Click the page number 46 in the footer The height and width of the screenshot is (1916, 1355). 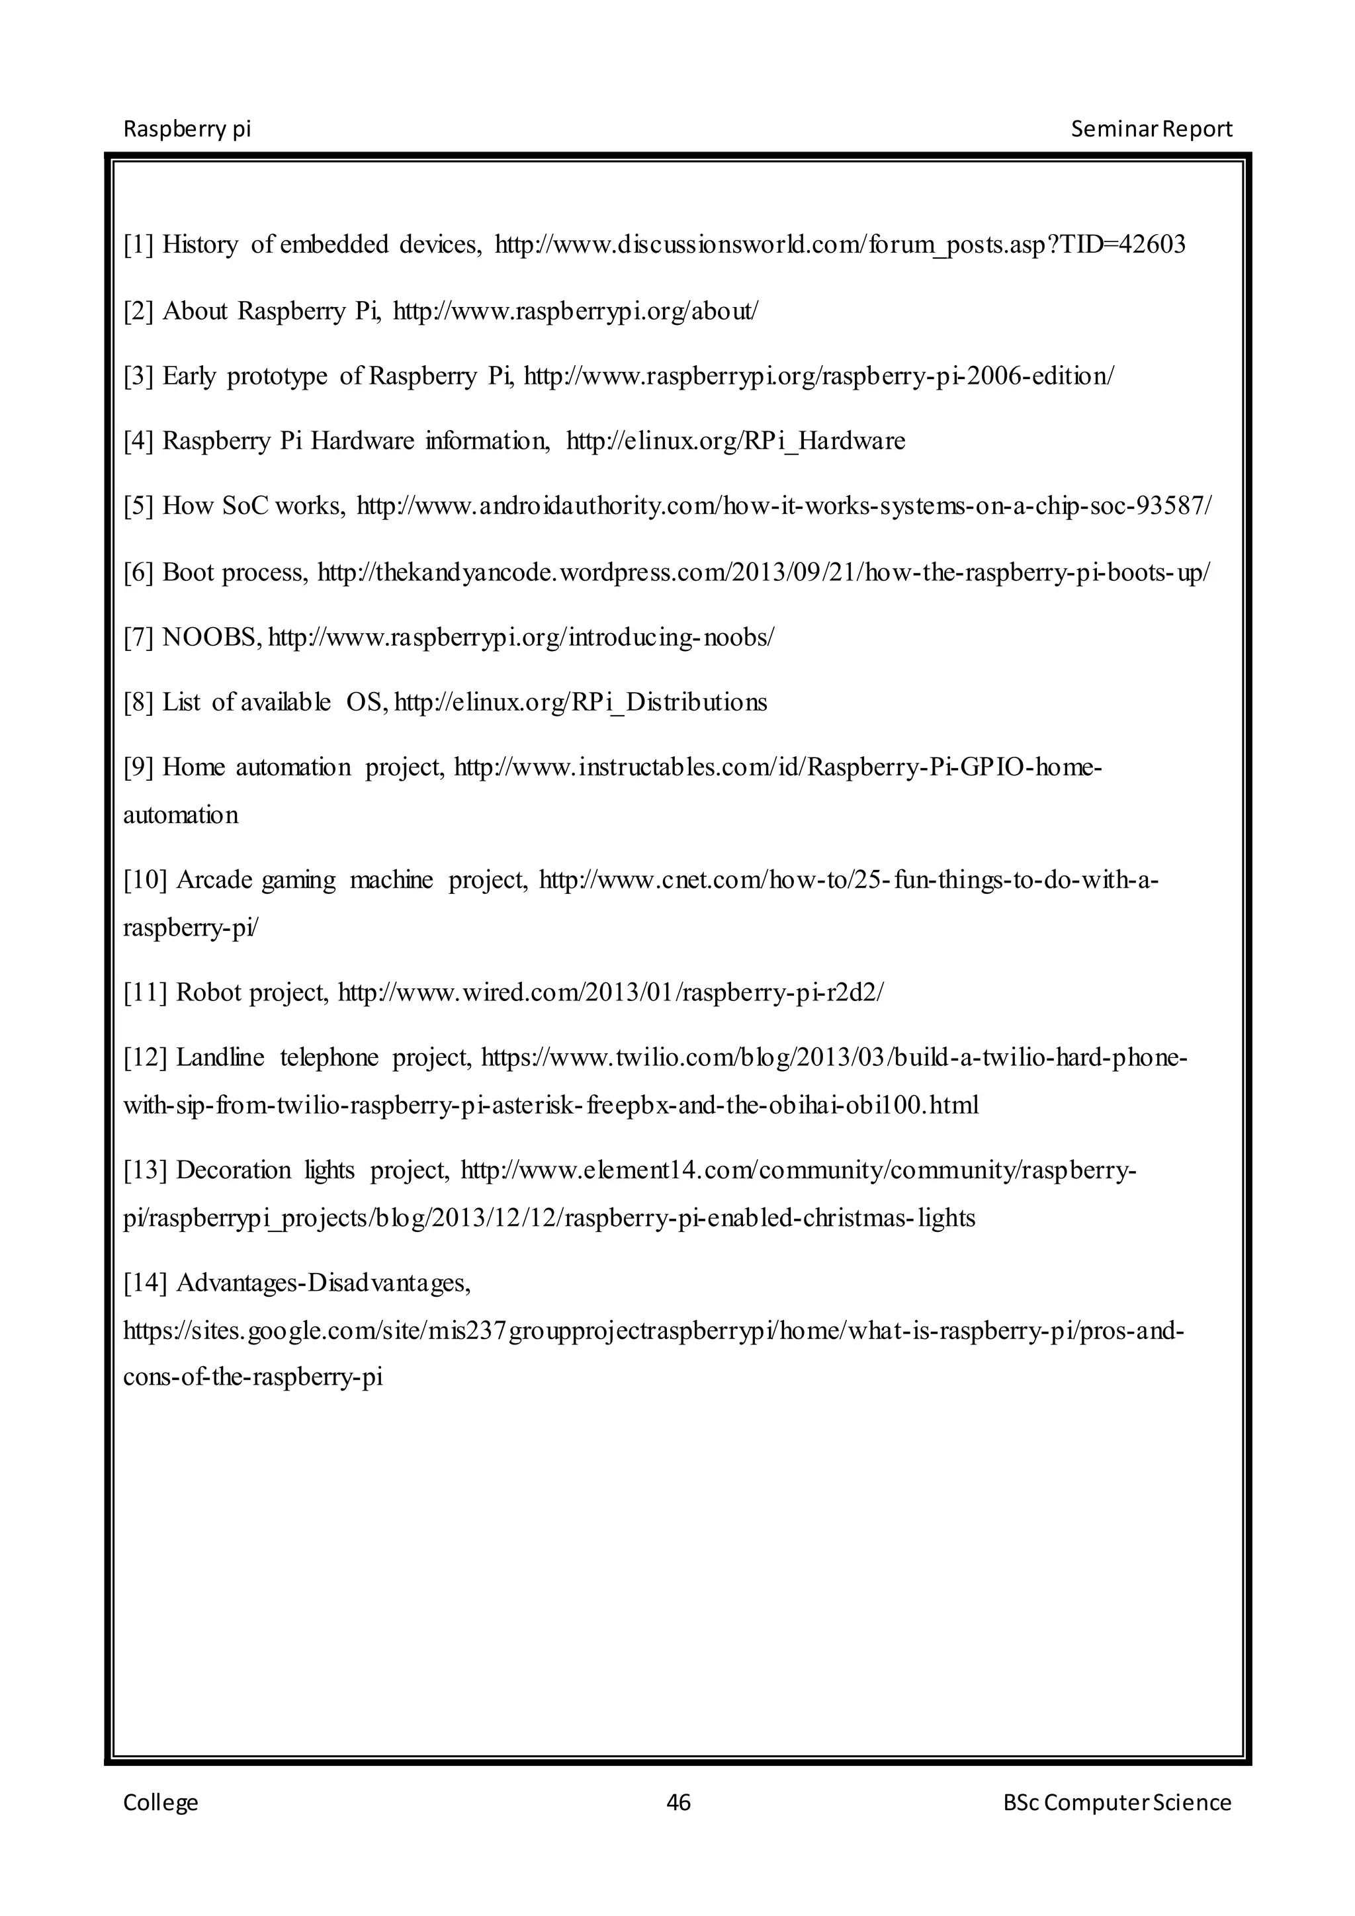pos(678,1802)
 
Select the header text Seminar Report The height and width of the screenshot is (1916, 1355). pos(1151,130)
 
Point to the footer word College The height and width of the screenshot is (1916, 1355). pos(161,1802)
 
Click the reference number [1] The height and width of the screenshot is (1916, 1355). pos(138,245)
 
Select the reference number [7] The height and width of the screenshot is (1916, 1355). pos(138,638)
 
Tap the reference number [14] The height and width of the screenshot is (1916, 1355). pos(145,1283)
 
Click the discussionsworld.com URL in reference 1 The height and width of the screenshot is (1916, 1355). pos(840,245)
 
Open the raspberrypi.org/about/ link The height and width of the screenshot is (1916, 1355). pos(576,311)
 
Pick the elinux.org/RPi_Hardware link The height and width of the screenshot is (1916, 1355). pos(735,441)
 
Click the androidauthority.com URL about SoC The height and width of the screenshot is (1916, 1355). pos(783,507)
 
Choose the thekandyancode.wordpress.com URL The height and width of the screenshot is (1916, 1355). pos(764,572)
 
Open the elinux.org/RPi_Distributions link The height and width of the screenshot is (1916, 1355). pos(580,703)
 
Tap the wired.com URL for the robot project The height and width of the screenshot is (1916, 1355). pos(610,993)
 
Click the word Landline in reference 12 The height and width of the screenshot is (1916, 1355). pos(220,1058)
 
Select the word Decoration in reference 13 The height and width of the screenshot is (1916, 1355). pos(234,1171)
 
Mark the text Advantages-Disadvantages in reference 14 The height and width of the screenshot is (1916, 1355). pos(324,1283)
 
